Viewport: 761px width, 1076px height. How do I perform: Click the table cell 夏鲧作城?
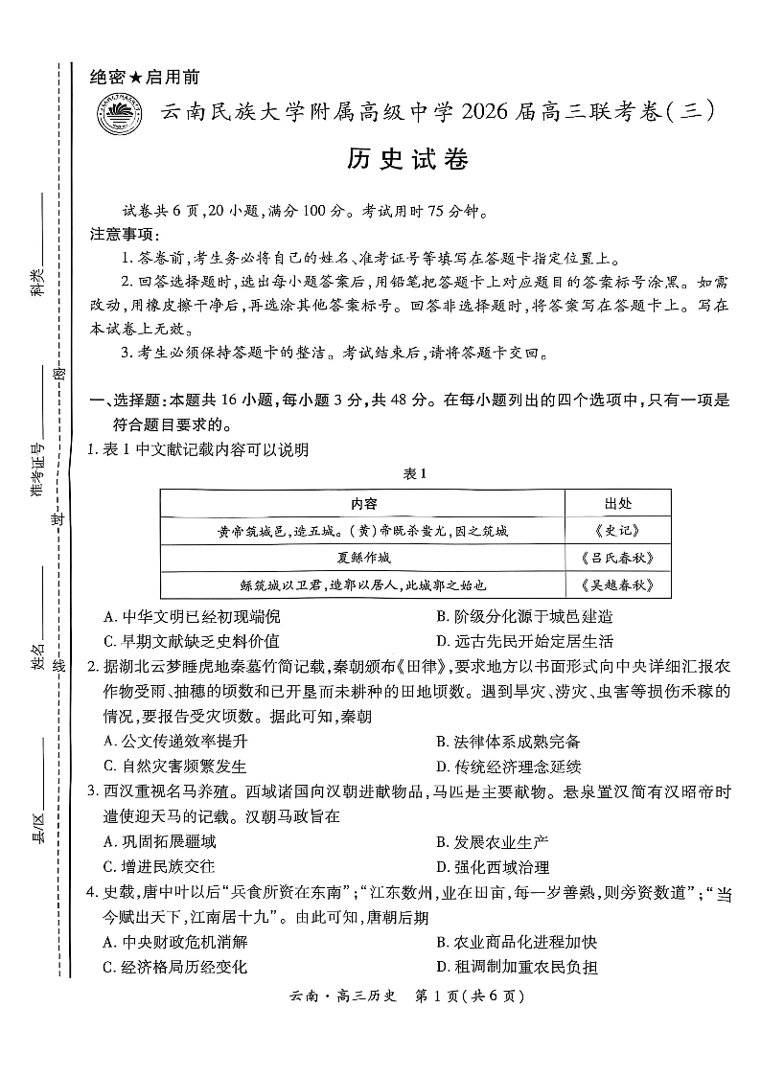tap(363, 558)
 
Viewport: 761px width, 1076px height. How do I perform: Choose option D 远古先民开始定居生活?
tap(524, 641)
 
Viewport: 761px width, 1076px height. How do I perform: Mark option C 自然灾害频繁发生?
tap(174, 766)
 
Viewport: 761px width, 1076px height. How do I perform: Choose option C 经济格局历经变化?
tap(174, 967)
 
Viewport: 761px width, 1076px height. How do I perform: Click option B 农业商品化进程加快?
tap(517, 942)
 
